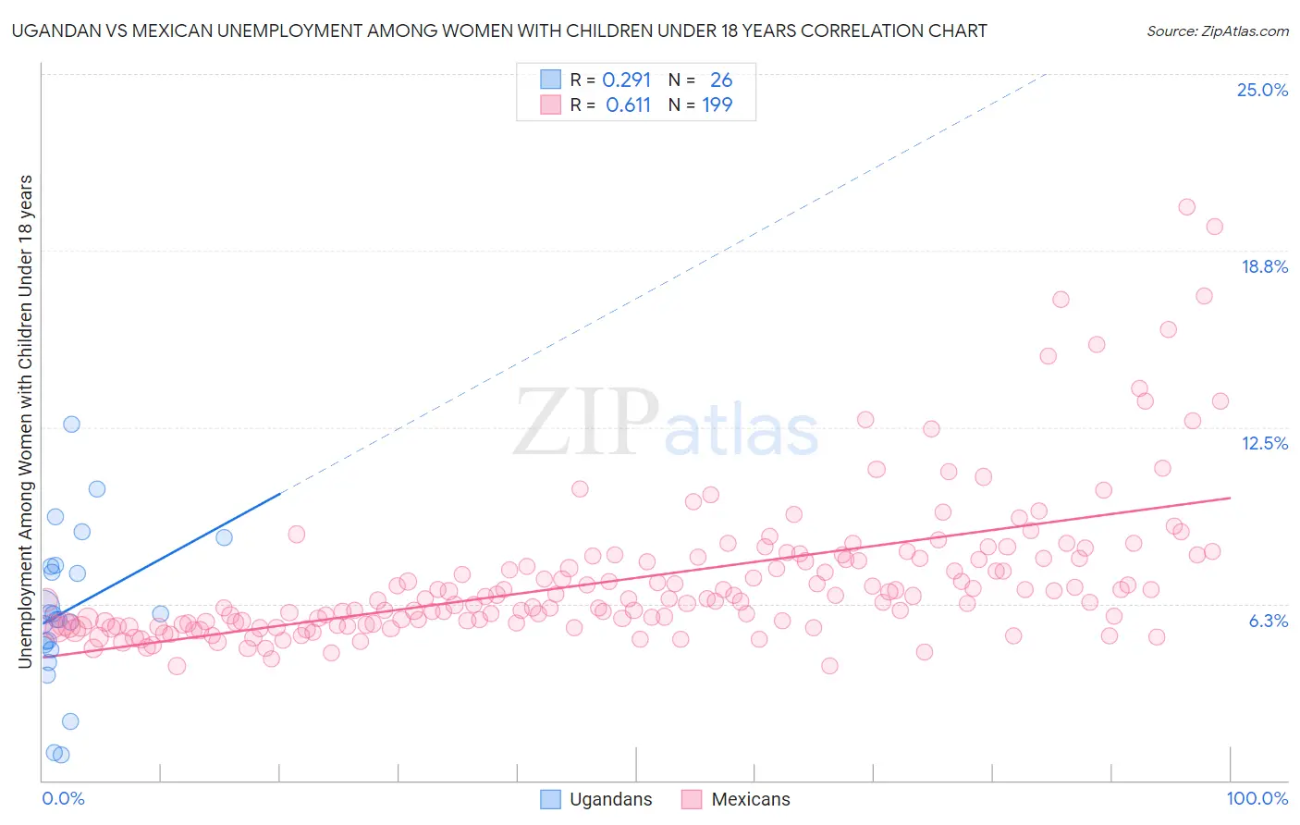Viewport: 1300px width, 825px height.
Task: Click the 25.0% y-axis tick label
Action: (1262, 90)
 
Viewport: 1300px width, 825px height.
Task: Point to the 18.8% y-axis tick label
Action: (1264, 266)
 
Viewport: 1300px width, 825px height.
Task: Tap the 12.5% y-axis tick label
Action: (1264, 443)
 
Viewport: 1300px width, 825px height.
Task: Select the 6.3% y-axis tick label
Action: (1268, 621)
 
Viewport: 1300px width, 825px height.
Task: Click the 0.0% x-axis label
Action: (63, 798)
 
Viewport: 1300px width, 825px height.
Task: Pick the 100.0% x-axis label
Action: (1257, 798)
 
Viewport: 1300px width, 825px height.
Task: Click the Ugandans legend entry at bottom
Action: (610, 799)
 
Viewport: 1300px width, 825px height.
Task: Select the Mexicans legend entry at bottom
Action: (750, 799)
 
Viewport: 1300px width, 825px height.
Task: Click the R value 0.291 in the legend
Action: (627, 80)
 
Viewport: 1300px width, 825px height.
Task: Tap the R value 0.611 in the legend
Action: (628, 105)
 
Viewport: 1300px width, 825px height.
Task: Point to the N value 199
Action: (717, 105)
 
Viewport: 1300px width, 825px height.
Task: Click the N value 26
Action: (721, 80)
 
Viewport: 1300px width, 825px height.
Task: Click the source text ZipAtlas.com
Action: (1217, 31)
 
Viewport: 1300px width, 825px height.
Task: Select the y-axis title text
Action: (25, 421)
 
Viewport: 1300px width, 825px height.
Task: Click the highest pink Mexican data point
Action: (1187, 207)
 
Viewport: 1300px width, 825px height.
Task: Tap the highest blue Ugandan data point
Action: (71, 425)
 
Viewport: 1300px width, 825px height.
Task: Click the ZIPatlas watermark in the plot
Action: (666, 424)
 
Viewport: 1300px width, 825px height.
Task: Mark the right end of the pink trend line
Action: (1230, 498)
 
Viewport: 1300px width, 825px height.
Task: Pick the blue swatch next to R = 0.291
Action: (550, 80)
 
